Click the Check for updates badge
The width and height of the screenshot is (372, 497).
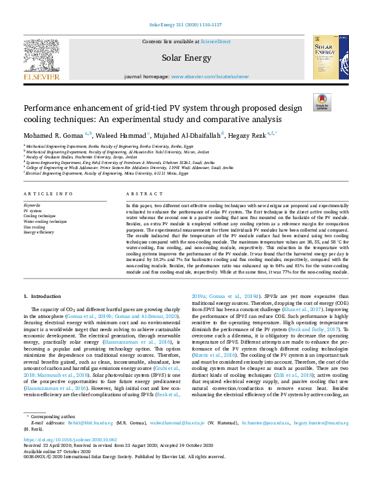click(322, 103)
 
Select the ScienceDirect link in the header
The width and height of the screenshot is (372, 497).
click(216, 41)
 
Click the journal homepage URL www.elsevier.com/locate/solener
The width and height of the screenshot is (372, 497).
click(206, 76)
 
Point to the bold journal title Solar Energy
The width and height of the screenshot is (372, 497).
click(186, 58)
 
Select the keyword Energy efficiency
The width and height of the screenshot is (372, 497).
click(39, 232)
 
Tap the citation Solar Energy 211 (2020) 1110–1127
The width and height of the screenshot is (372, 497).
click(186, 24)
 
